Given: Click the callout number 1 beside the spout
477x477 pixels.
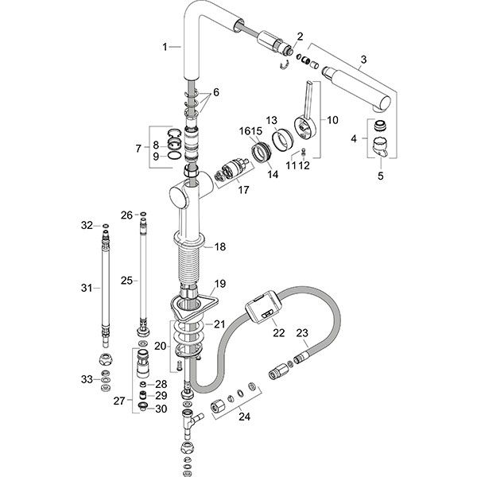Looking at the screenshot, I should click(x=165, y=48).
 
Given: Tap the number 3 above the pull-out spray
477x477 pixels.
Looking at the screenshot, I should click(x=363, y=59).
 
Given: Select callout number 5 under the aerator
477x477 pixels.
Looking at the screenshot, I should click(x=380, y=176).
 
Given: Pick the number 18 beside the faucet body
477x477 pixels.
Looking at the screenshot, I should click(x=220, y=247).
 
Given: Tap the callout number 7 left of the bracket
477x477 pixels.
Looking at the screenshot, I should click(x=139, y=148).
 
